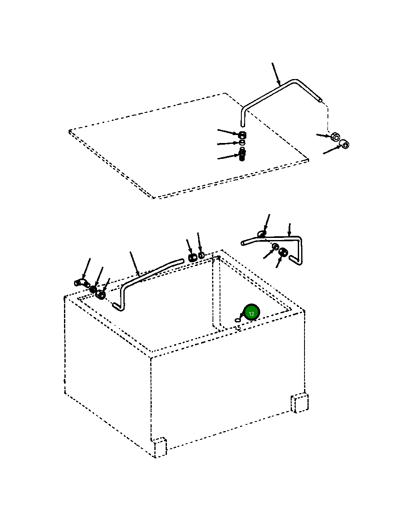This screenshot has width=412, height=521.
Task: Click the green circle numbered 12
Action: pyautogui.click(x=251, y=314)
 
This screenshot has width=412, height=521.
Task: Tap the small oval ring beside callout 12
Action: pyautogui.click(x=238, y=320)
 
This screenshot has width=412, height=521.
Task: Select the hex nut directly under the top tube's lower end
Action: pyautogui.click(x=243, y=134)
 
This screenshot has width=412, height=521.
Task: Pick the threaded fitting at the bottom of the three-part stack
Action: pyautogui.click(x=242, y=155)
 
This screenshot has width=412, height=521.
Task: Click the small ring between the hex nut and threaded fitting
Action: pyautogui.click(x=242, y=142)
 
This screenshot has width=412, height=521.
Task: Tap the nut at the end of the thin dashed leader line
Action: pyautogui.click(x=335, y=137)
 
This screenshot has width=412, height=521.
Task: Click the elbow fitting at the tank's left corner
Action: pyautogui.click(x=81, y=283)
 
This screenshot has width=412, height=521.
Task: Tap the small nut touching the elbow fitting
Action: pyautogui.click(x=93, y=289)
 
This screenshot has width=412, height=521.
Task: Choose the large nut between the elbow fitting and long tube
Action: pyautogui.click(x=100, y=295)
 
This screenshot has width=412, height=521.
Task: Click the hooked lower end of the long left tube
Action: pyautogui.click(x=119, y=307)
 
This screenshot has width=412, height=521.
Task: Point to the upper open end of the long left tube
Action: pyautogui.click(x=182, y=260)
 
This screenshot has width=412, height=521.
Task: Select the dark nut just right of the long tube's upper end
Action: pyautogui.click(x=192, y=258)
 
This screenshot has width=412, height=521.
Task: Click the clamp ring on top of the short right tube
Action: pyautogui.click(x=261, y=234)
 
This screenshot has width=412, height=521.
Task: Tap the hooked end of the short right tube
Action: pyautogui.click(x=296, y=261)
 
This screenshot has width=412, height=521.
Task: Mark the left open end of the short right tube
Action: pyautogui.click(x=243, y=243)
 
